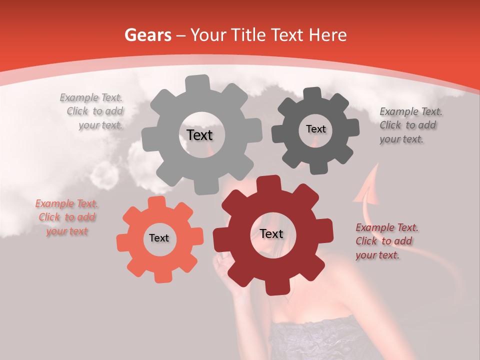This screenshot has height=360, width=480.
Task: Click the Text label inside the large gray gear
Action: coord(199,135)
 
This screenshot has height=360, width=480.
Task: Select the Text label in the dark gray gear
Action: coord(315,129)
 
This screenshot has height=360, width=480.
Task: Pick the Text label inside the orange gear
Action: coord(159,238)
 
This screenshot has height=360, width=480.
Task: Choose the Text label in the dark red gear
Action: coord(271,233)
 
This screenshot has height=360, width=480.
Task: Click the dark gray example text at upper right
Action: coord(409,125)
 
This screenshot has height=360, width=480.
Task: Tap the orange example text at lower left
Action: coord(67,217)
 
